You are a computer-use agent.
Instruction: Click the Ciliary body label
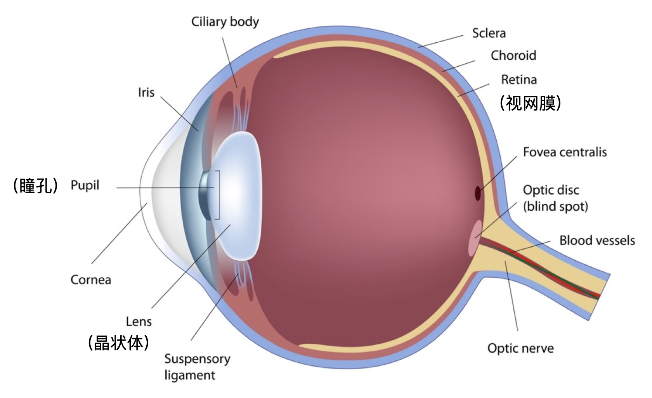click(x=225, y=22)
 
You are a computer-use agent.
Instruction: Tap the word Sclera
click(x=489, y=33)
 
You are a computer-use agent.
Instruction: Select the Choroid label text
click(x=513, y=55)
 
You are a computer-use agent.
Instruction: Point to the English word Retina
click(x=518, y=80)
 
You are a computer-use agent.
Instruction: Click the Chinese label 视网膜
click(x=530, y=103)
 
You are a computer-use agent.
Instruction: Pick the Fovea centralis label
click(x=565, y=152)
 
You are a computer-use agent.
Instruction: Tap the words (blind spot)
click(x=555, y=206)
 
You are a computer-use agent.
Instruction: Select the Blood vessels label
click(x=597, y=241)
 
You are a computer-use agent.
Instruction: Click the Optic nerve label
click(x=520, y=348)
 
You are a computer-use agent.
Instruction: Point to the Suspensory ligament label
click(x=197, y=367)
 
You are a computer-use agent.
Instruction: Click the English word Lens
click(x=139, y=322)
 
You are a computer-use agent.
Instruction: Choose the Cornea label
click(x=91, y=280)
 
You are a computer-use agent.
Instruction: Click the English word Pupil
click(x=85, y=185)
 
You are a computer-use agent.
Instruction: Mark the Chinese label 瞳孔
click(x=36, y=186)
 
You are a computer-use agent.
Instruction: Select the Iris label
click(x=146, y=92)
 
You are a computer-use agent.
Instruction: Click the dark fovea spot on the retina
click(x=478, y=193)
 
